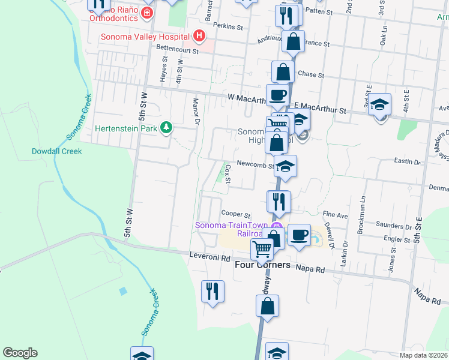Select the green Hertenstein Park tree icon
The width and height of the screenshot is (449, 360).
170,127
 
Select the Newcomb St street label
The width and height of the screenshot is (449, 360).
255,164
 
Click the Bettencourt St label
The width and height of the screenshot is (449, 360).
177,51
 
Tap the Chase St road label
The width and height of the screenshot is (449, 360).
311,76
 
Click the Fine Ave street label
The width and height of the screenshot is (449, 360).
335,214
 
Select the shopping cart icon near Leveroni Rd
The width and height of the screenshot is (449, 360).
262,247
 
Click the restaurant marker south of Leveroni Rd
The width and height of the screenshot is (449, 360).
212,291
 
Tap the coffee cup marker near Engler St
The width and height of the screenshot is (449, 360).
299,234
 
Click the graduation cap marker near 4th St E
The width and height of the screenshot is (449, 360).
379,104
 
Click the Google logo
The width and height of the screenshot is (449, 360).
20,353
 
